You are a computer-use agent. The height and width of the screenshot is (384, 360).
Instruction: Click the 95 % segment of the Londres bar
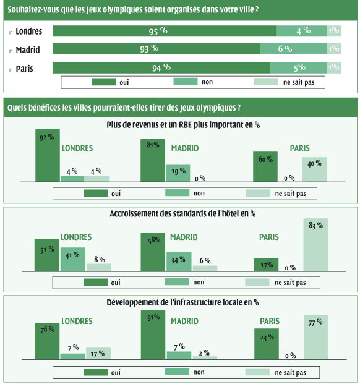(x=165, y=31)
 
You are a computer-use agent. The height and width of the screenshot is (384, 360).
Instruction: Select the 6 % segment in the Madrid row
(x=293, y=49)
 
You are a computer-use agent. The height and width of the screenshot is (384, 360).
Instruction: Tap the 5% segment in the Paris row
(x=298, y=68)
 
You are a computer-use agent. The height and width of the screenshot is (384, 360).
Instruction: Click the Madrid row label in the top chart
(x=28, y=50)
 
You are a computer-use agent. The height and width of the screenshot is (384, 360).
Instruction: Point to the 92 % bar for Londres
(x=48, y=155)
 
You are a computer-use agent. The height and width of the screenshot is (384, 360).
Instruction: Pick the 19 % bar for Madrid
(x=178, y=173)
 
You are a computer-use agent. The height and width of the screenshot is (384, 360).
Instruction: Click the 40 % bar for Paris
(x=315, y=169)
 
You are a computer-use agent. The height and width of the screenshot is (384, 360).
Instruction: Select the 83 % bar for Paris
(x=315, y=245)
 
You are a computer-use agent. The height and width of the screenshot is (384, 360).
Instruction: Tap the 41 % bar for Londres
(x=73, y=259)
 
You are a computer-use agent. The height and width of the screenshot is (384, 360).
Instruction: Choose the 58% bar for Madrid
(x=153, y=252)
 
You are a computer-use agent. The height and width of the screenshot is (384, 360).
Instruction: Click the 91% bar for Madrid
(x=153, y=335)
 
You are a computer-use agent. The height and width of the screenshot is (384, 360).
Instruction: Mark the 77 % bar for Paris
(x=316, y=337)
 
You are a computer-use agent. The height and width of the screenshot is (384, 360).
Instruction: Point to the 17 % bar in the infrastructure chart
(x=98, y=353)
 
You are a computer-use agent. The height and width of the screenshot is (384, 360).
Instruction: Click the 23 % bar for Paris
(x=267, y=344)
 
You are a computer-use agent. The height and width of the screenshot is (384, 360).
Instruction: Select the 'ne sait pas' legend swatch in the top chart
(x=266, y=82)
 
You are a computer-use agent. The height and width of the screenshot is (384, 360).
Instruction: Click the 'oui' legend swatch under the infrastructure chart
(x=96, y=372)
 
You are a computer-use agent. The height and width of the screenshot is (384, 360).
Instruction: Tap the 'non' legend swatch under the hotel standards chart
(x=177, y=282)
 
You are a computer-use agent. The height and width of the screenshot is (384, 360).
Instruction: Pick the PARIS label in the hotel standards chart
(x=269, y=237)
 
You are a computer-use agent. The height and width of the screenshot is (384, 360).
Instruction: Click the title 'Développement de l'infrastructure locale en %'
(x=182, y=302)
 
